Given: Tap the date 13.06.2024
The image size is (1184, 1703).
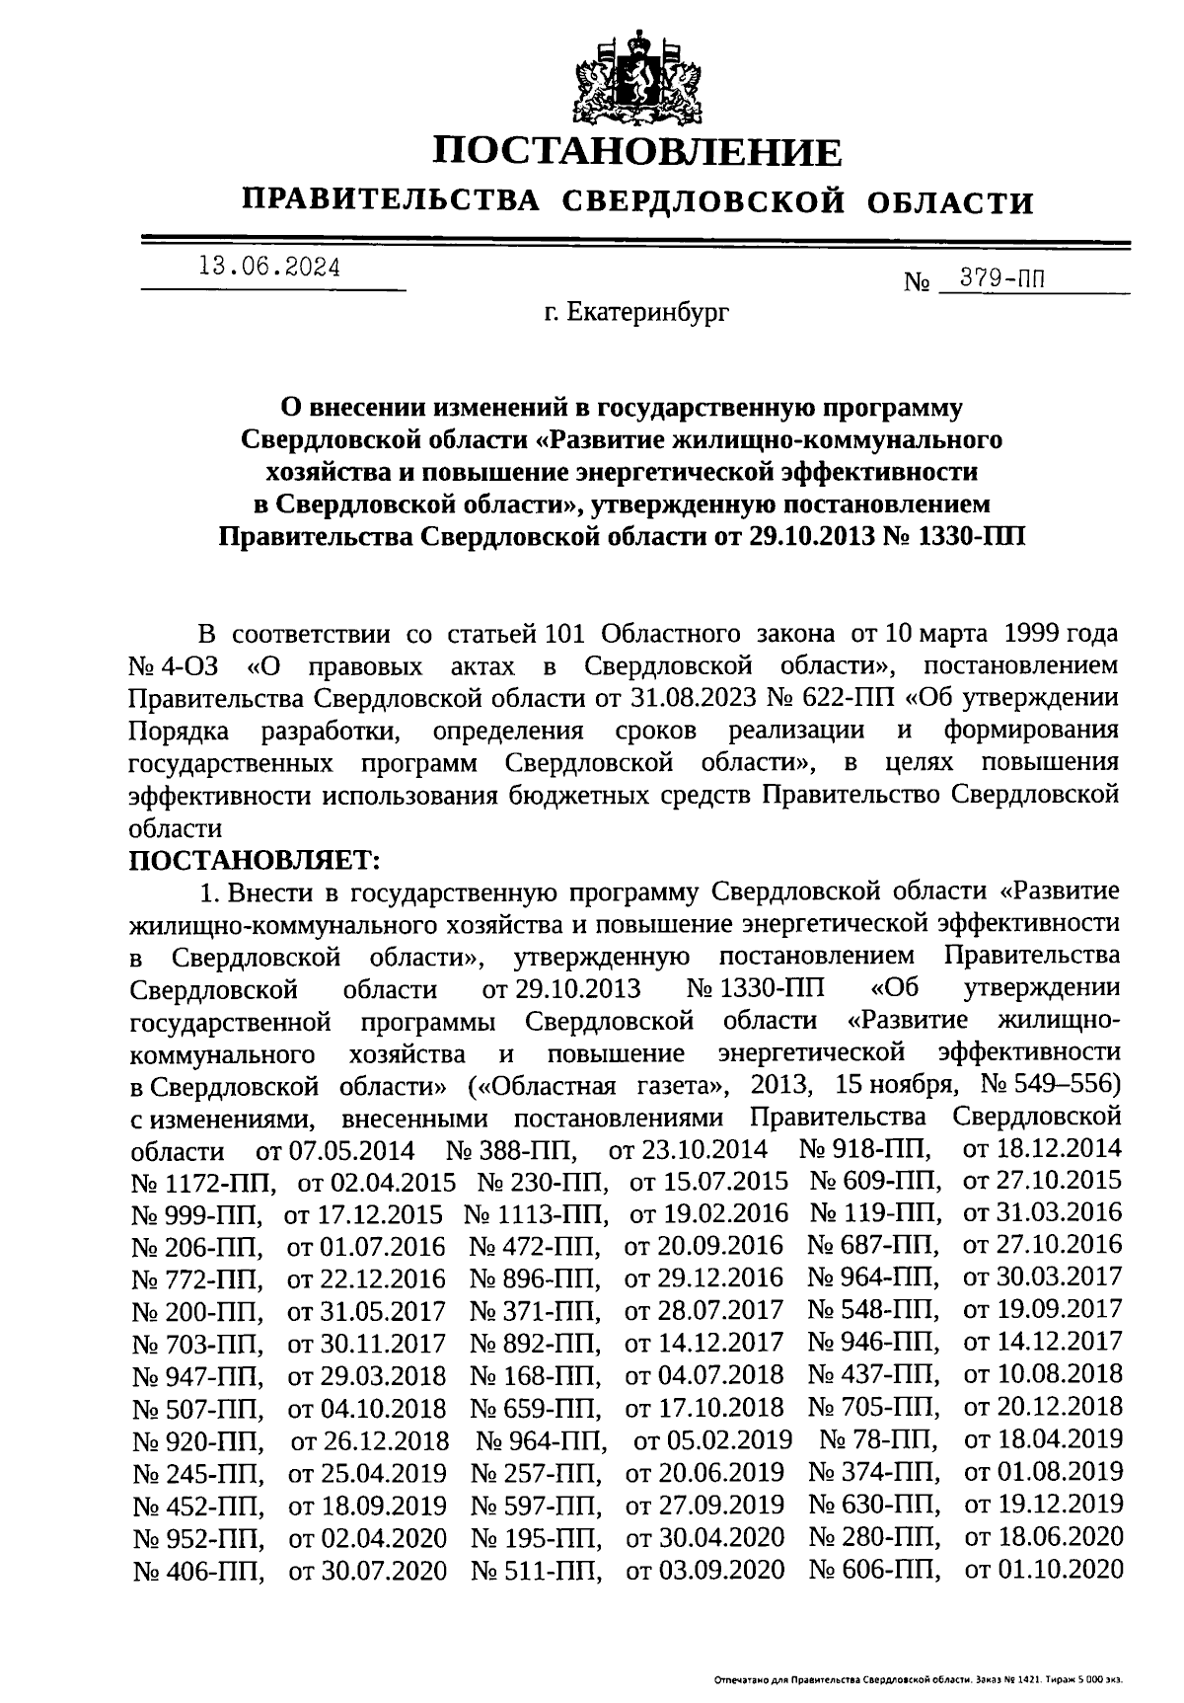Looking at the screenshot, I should tap(268, 268).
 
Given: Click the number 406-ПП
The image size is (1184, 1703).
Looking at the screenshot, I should tap(197, 1568).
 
